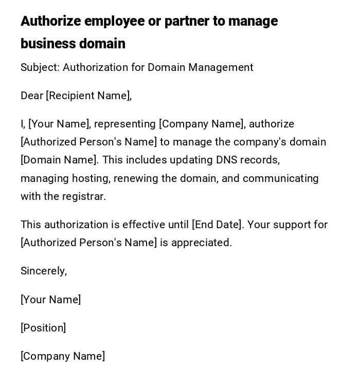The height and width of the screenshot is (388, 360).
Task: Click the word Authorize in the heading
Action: [x=51, y=21]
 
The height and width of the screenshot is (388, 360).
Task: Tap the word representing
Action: [x=125, y=124]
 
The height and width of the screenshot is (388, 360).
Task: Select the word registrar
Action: [x=84, y=196]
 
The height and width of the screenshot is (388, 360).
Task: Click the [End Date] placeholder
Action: [x=217, y=225]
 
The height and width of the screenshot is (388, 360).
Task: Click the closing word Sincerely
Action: [x=44, y=271]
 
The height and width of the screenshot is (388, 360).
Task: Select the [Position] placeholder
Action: [x=43, y=328]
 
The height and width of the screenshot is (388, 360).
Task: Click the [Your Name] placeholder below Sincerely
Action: [x=50, y=300]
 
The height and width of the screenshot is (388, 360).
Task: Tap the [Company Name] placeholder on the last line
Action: [x=63, y=356]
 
